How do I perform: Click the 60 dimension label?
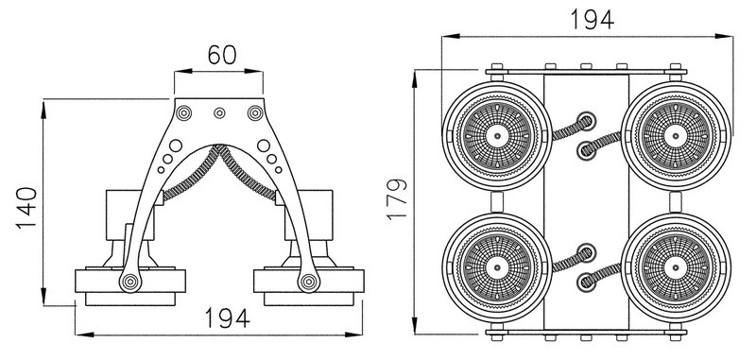pyautogui.click(x=222, y=55)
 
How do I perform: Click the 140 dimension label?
pyautogui.click(x=26, y=208)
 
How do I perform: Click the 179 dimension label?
pyautogui.click(x=397, y=199)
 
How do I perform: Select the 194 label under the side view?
pyautogui.click(x=228, y=318)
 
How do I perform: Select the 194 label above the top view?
pyautogui.click(x=593, y=20)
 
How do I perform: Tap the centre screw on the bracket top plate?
pyautogui.click(x=219, y=112)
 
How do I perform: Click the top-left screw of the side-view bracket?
pyautogui.click(x=183, y=112)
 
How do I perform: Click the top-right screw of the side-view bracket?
pyautogui.click(x=255, y=112)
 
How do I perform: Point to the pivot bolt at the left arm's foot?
pyautogui.click(x=130, y=282)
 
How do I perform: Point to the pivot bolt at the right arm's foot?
pyautogui.click(x=309, y=282)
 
